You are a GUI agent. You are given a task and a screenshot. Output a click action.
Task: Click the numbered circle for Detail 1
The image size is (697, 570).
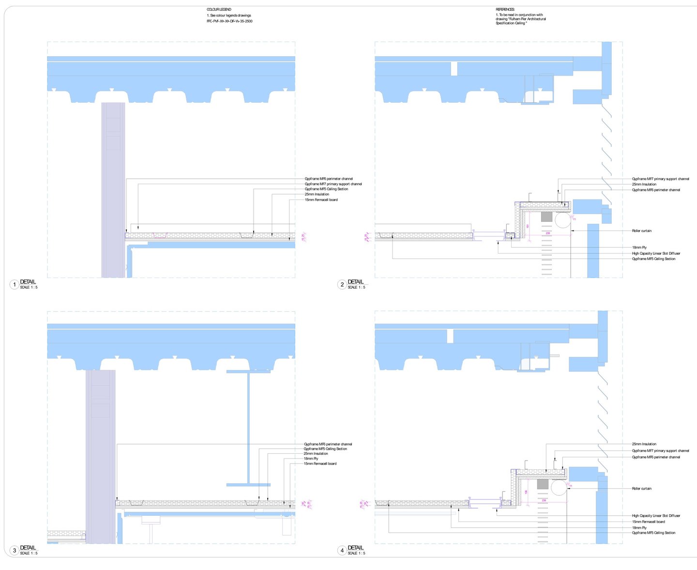15,284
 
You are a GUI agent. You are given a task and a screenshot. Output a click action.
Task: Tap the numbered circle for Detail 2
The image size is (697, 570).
342,284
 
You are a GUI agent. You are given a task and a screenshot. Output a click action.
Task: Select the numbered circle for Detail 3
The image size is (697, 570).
15,550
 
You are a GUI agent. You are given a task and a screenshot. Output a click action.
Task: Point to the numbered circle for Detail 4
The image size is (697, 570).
342,550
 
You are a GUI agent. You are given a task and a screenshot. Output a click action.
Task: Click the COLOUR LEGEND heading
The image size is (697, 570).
219,10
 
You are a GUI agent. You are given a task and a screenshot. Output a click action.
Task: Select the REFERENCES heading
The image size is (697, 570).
505,10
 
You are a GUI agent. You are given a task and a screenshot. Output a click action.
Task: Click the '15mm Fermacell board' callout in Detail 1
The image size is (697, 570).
321,200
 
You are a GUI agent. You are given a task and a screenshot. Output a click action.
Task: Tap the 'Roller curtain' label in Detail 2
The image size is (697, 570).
641,231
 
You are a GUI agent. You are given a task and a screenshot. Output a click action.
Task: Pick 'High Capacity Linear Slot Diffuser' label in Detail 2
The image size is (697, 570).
656,253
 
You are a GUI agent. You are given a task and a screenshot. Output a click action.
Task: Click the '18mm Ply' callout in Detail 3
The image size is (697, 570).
311,459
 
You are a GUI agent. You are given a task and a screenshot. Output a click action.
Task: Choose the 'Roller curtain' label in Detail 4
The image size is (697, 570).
641,489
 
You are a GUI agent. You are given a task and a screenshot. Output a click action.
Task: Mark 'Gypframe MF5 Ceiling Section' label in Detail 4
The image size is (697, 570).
653,533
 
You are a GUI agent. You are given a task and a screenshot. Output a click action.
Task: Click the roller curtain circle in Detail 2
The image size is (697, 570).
562,220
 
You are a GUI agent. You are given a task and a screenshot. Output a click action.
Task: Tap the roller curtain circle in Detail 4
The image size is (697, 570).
559,488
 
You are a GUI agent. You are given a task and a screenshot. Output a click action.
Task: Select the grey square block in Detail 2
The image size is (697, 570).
546,216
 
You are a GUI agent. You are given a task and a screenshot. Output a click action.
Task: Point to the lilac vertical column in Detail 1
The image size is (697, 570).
113,194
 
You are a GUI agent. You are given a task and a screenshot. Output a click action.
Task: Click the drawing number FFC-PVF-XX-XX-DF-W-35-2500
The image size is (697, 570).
229,21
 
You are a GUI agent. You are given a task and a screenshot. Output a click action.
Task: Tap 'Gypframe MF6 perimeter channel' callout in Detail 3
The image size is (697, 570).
328,444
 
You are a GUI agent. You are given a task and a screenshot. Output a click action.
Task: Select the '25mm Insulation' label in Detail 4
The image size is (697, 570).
644,444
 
